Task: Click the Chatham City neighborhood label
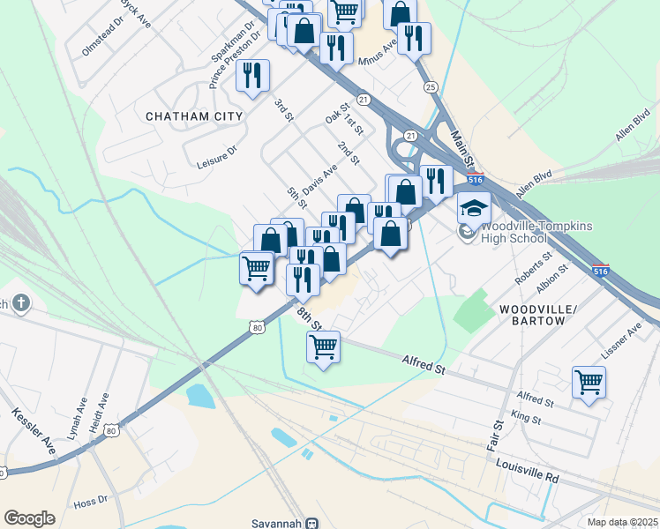pos(193,116)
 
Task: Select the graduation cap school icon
pos(474,209)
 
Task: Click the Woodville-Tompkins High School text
pos(536,232)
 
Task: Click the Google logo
pos(29,518)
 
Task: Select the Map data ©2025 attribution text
pos(622,522)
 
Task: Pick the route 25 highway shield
pos(431,86)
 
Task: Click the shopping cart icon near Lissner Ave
pos(589,383)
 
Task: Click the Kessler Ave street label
pos(34,431)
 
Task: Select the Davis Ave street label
pos(319,179)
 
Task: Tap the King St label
pos(525,417)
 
